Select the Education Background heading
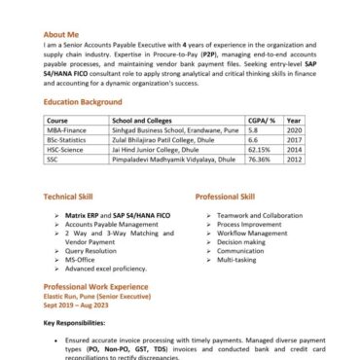[x=83, y=100]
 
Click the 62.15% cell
[x=261, y=150]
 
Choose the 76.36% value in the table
[x=261, y=161]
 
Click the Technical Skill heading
[x=74, y=196]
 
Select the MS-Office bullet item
[x=82, y=260]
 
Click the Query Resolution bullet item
[x=95, y=251]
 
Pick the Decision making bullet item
[x=241, y=241]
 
